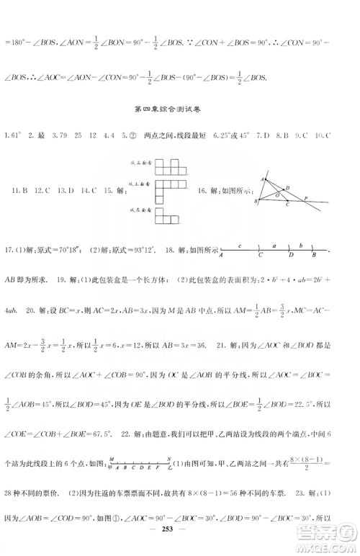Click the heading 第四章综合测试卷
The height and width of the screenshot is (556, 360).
pyautogui.click(x=179, y=110)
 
